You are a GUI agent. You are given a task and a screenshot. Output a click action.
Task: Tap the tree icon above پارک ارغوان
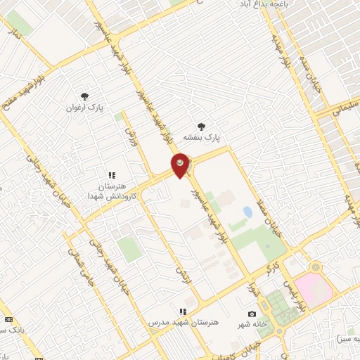[85, 96]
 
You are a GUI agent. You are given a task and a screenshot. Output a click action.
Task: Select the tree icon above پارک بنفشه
[202, 127]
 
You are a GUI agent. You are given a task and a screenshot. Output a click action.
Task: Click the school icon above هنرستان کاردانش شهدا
[111, 175]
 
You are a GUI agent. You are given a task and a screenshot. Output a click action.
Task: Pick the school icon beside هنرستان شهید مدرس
[183, 311]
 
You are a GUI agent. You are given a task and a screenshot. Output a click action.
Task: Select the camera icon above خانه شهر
[252, 314]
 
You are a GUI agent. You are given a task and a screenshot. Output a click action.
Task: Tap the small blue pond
[247, 211]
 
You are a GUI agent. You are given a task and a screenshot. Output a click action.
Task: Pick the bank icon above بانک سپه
[8, 319]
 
